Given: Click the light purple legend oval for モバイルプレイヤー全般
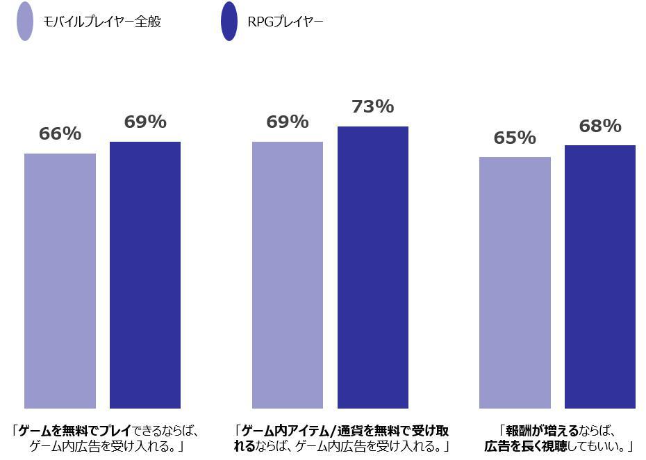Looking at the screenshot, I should (25, 22).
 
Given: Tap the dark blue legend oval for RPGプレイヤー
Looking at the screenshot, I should (229, 22).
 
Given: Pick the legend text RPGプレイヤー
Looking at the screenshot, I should (285, 22).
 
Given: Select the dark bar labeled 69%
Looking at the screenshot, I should (145, 274).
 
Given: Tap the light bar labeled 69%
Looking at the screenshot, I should (288, 274).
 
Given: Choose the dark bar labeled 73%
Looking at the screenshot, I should (373, 267).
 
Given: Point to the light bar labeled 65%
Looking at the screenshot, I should (515, 282).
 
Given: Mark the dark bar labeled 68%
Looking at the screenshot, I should (600, 277).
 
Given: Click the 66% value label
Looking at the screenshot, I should (60, 134).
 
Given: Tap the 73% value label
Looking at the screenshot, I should (373, 107).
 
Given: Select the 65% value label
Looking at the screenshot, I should (515, 138).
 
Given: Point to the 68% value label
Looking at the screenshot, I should (600, 126).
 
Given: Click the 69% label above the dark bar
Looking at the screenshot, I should (145, 122).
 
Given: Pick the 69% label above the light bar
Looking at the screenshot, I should (288, 122).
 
